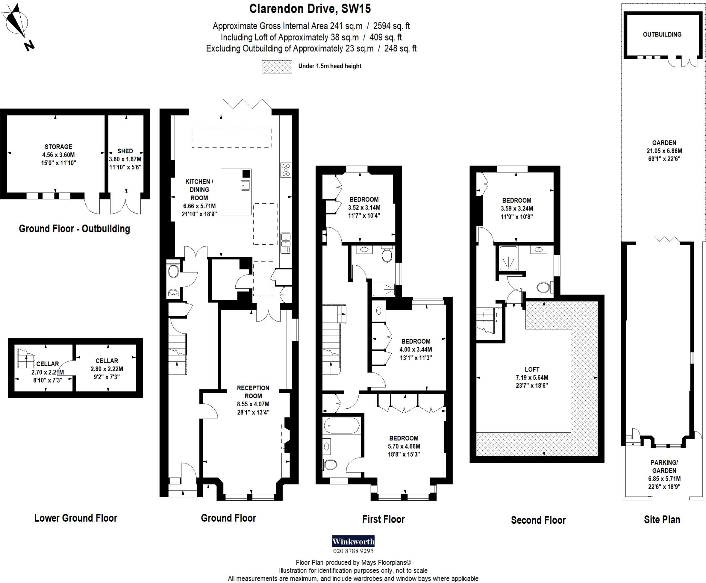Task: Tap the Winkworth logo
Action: (353, 541)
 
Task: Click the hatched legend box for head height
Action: (277, 67)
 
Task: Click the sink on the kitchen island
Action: (245, 185)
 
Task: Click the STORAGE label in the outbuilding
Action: (58, 147)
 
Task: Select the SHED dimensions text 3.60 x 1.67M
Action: (125, 159)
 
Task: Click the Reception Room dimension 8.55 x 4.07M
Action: (253, 404)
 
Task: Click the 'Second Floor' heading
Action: (538, 520)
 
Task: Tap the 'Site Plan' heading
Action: (662, 520)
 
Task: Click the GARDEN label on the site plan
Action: (664, 143)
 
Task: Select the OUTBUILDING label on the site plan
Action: (662, 34)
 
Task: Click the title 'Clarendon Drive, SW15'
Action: (310, 9)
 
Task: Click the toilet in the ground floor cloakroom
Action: (173, 271)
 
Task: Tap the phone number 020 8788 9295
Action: (353, 551)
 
